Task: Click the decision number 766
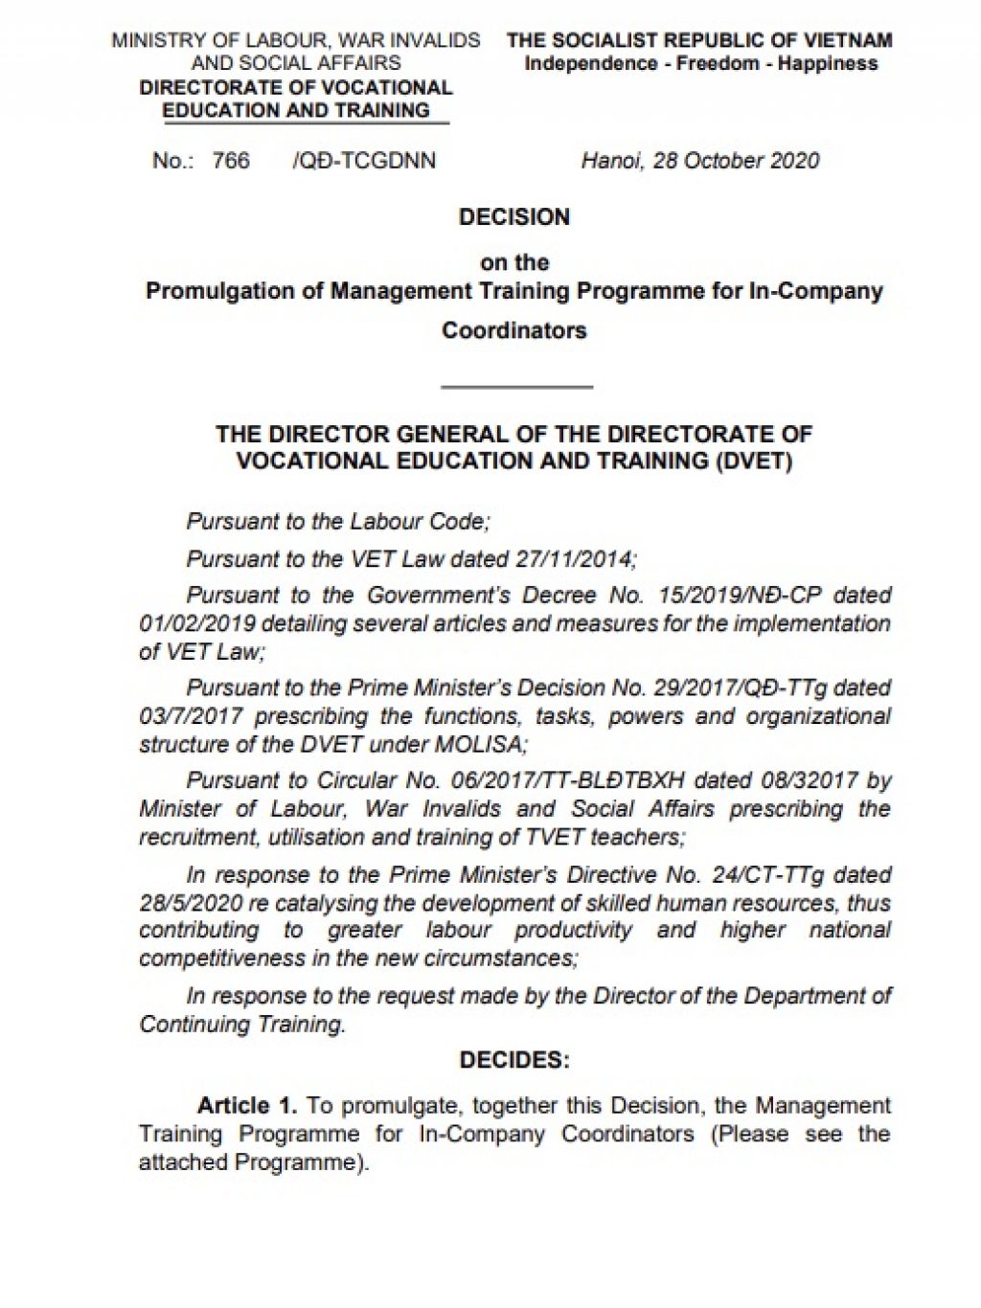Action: [231, 160]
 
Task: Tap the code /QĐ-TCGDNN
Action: [364, 160]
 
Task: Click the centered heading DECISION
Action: [514, 216]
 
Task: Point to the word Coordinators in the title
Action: [514, 330]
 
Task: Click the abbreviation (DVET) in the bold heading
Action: [754, 461]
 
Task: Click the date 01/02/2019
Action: [196, 623]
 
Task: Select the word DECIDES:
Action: [514, 1060]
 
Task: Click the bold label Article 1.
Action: [247, 1105]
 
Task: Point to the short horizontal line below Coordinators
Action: [516, 387]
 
